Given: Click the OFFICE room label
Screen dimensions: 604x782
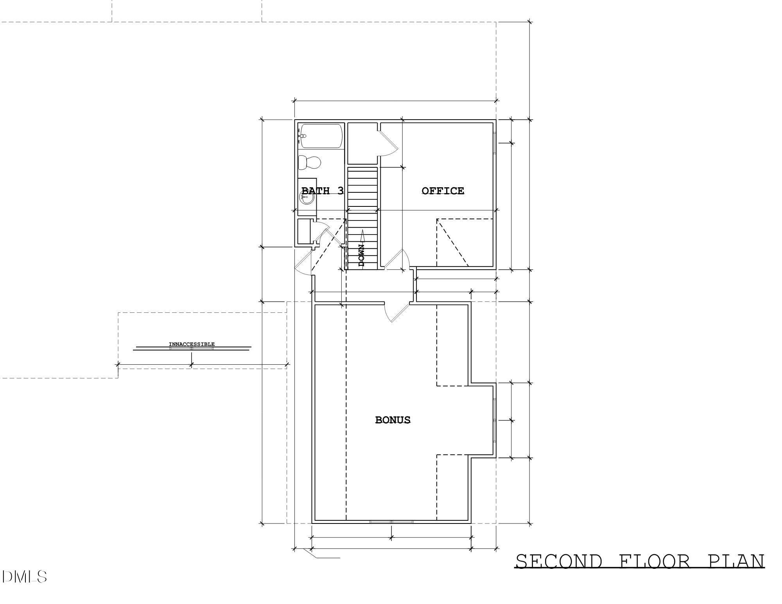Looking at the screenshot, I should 443,191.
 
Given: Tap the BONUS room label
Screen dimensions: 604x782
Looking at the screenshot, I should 393,420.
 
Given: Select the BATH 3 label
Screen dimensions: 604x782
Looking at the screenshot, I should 322,191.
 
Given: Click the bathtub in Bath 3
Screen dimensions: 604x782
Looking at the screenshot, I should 321,136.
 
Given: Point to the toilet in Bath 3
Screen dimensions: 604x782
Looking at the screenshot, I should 309,162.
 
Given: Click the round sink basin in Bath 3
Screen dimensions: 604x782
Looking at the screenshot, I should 307,198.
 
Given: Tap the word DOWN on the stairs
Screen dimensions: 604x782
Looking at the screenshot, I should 361,255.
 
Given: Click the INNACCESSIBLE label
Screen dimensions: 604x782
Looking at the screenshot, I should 192,344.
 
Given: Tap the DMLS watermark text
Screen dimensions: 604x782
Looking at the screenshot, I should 24,577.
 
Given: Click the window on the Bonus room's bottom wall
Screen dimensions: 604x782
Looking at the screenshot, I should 392,522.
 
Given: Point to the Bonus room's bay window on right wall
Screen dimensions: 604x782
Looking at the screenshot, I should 495,420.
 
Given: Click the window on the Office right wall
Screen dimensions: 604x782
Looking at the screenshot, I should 495,143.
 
